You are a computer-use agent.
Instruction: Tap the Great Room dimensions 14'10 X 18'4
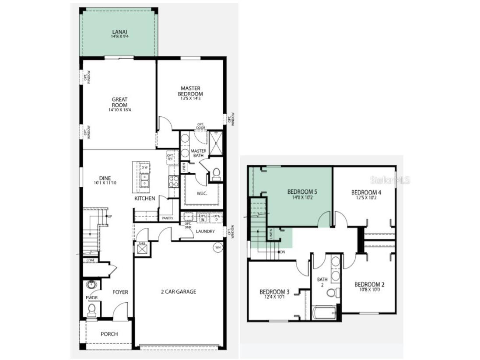[119, 110]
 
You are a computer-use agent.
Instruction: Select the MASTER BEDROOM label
[190, 91]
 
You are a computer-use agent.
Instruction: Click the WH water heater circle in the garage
[217, 248]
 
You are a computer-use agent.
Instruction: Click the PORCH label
[109, 334]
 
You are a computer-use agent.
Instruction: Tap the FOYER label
[120, 292]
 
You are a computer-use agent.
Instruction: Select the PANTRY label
[168, 218]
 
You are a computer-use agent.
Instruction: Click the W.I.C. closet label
[202, 194]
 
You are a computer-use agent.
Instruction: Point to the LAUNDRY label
[205, 231]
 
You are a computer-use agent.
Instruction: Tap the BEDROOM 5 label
[302, 192]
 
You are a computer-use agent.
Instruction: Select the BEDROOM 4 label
[366, 192]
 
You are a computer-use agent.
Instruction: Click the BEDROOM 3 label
[274, 292]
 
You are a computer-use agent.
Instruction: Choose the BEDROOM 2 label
[369, 284]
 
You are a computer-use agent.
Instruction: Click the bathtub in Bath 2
[324, 313]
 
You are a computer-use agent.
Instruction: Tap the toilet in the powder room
[91, 309]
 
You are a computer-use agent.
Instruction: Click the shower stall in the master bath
[216, 143]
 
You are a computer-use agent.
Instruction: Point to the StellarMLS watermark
[390, 180]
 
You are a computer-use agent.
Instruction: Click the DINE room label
[105, 178]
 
